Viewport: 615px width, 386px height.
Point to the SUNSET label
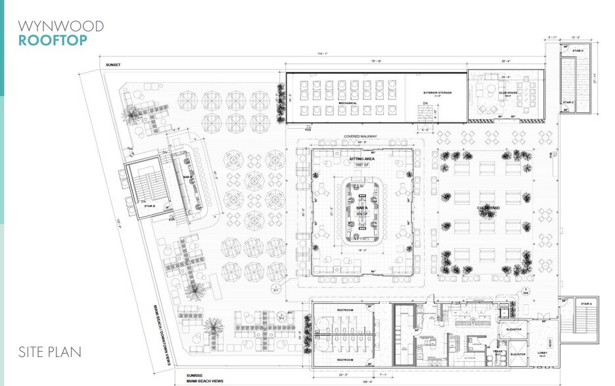[x=113, y=66]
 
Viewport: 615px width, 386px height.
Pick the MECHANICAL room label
[x=348, y=103]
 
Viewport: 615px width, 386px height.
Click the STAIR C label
[x=568, y=102]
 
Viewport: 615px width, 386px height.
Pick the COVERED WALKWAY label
[x=359, y=136]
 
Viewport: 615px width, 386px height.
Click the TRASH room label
[x=497, y=351]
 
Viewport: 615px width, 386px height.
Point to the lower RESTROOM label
[x=346, y=360]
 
